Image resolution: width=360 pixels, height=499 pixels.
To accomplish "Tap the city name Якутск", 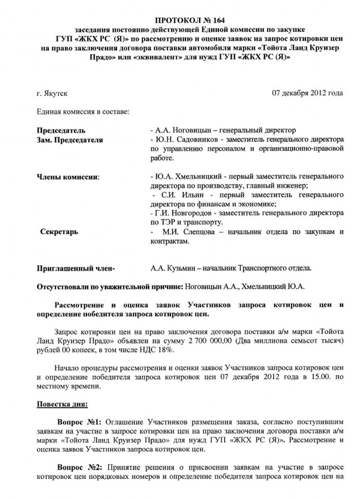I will (x=56, y=94).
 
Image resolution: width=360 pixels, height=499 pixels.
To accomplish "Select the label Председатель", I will (x=61, y=131).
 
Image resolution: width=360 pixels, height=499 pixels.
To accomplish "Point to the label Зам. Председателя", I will (x=70, y=140).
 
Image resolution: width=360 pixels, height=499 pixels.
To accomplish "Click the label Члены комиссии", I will (x=68, y=177).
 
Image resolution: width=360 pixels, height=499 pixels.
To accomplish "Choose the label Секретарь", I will (x=59, y=232).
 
